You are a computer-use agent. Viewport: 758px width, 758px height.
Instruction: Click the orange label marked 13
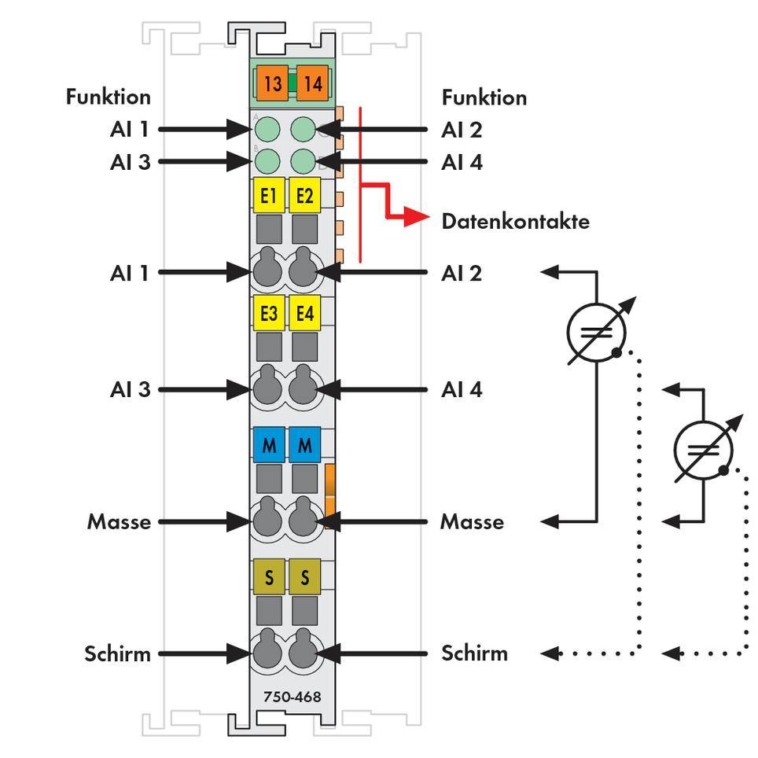272,83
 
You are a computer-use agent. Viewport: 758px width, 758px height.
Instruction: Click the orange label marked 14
312,83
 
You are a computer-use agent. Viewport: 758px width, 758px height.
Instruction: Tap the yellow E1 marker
269,197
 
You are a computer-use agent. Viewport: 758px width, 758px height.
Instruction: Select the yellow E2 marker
304,197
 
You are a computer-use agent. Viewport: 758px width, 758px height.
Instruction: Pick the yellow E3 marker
269,314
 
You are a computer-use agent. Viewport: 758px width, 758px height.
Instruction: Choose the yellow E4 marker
304,314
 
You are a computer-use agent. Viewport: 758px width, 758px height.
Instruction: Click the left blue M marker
269,446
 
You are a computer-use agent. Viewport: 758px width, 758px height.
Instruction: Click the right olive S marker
304,579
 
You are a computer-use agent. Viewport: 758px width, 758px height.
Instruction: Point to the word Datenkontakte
515,221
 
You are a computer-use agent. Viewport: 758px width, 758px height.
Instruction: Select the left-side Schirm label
118,653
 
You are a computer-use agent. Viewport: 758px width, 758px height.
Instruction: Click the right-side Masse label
472,521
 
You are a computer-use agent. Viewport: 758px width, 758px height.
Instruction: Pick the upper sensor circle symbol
596,331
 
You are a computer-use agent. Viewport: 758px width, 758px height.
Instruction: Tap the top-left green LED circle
268,129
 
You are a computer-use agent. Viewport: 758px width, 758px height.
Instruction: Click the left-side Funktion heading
109,98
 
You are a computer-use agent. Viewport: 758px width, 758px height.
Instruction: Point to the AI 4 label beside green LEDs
462,163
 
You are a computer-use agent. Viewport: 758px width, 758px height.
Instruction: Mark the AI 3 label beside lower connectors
130,389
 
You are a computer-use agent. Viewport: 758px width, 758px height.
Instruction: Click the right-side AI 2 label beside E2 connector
462,273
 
